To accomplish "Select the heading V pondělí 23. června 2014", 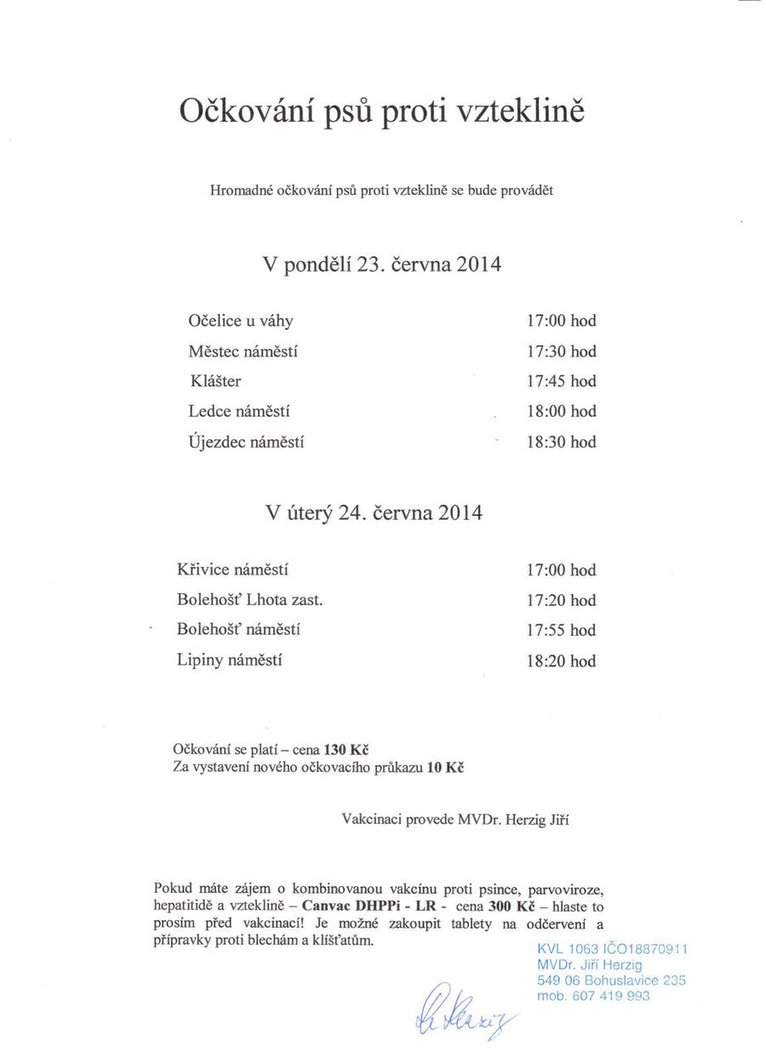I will click(382, 264).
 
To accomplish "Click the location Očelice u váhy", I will click(241, 321).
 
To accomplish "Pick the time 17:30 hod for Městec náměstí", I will click(561, 352).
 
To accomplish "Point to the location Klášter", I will click(215, 381).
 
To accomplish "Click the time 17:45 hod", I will click(561, 381).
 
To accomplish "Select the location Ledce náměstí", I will click(239, 411).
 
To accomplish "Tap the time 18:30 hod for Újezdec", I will click(561, 442).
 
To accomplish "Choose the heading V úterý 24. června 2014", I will click(374, 513).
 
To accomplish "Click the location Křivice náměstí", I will click(226, 569).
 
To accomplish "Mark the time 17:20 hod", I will click(561, 600).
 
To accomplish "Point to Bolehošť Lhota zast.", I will click(249, 599).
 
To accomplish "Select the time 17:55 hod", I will click(561, 630).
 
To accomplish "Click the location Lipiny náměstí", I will click(229, 660).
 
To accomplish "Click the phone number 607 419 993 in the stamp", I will click(611, 995).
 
